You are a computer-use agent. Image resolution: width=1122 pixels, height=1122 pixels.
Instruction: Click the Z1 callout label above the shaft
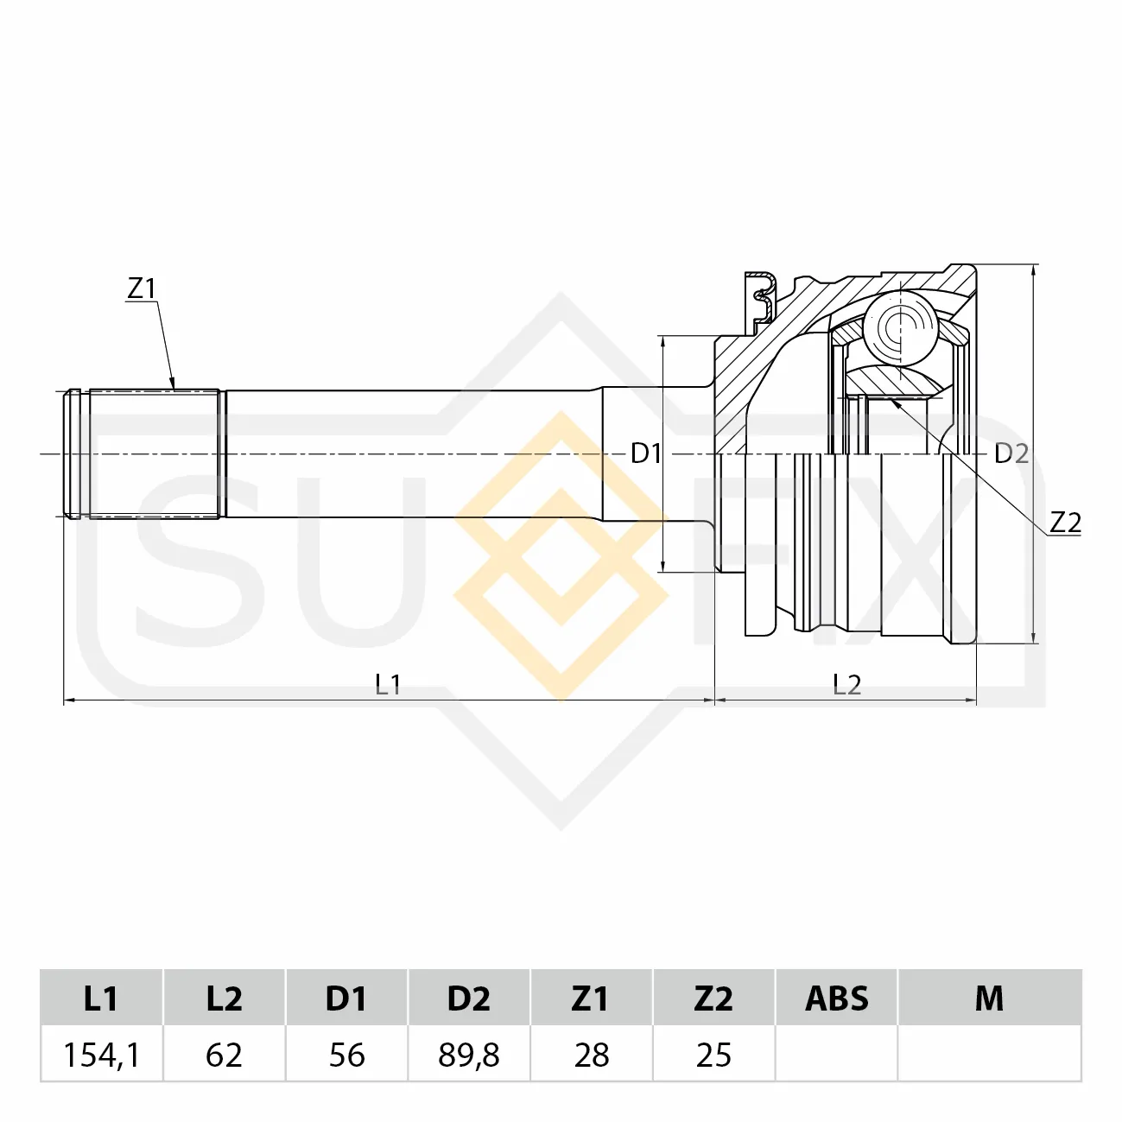tap(142, 288)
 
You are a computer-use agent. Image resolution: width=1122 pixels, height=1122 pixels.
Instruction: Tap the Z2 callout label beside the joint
tap(1065, 523)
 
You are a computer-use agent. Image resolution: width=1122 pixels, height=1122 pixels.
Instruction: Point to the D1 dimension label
tap(646, 453)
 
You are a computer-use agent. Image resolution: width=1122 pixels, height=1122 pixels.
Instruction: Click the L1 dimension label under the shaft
tap(389, 685)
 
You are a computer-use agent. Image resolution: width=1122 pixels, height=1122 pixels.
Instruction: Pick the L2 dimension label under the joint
tap(846, 685)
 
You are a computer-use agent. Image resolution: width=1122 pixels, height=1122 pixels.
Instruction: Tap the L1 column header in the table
tap(101, 998)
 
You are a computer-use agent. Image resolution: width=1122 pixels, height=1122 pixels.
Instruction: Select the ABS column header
tap(837, 998)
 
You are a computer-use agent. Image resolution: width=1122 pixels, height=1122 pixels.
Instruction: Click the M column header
tap(990, 998)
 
